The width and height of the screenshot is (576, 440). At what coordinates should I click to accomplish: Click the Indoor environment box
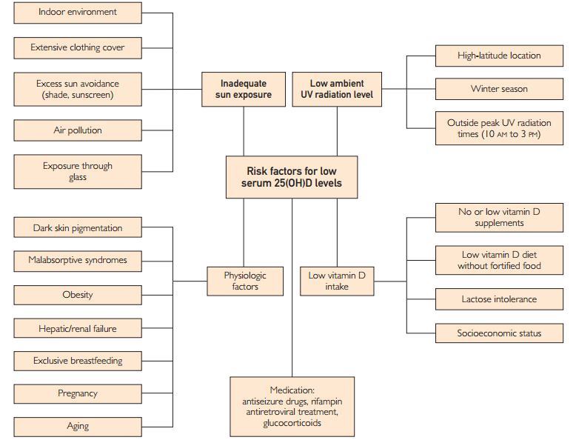[78, 13]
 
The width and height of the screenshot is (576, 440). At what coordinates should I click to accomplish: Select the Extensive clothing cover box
[78, 47]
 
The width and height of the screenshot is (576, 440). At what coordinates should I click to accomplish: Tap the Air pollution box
[78, 130]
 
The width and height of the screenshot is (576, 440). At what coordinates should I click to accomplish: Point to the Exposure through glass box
[78, 171]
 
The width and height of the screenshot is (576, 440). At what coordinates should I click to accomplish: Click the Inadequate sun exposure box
[244, 89]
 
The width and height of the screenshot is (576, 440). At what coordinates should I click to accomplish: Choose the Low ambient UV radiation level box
[337, 89]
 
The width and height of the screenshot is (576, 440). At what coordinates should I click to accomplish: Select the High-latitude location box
[499, 56]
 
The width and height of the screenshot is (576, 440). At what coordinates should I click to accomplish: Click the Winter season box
[499, 89]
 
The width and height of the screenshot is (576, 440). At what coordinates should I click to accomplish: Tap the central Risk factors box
[292, 177]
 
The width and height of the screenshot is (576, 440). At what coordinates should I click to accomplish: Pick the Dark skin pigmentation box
[78, 228]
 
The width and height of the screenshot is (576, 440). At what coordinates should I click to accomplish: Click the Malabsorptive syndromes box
[78, 261]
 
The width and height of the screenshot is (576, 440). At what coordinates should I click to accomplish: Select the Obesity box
[78, 295]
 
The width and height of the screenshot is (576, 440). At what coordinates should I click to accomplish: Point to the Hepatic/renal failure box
[78, 328]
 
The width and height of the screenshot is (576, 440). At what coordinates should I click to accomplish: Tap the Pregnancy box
[78, 393]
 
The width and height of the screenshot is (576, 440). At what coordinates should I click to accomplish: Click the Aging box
[78, 426]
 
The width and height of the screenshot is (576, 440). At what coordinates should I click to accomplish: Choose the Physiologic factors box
[245, 281]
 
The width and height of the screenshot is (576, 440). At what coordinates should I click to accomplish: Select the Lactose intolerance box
[499, 299]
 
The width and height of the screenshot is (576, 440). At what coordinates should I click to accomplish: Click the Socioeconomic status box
[499, 333]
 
